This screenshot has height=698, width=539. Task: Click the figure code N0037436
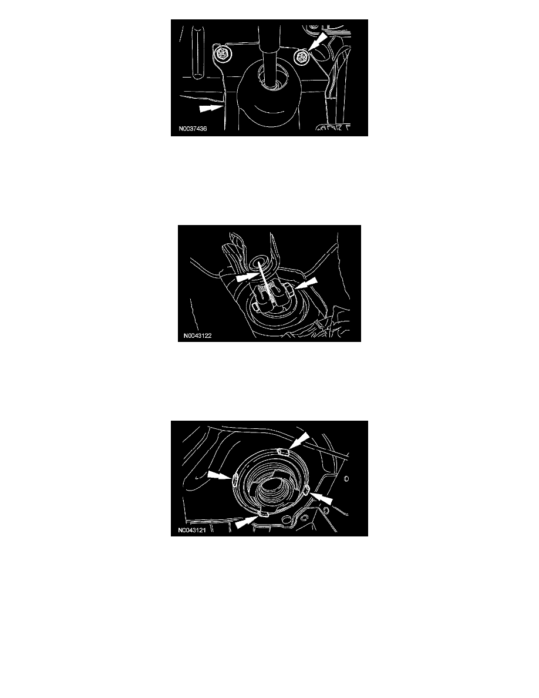[193, 129]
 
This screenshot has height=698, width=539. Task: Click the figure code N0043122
[197, 335]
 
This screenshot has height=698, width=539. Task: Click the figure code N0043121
[191, 530]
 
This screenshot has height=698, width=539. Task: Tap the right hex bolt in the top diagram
[302, 56]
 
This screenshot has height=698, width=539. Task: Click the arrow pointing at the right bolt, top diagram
[318, 41]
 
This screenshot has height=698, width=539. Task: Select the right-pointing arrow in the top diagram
[211, 108]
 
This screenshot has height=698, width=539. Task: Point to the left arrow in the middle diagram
[247, 277]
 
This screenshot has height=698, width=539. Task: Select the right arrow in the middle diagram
[307, 284]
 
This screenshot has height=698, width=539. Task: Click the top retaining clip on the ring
[283, 452]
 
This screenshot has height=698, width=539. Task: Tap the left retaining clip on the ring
[233, 478]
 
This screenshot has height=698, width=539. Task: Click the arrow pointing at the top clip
[299, 441]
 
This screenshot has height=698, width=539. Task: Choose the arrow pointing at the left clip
[219, 475]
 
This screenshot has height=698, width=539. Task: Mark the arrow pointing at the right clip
[322, 499]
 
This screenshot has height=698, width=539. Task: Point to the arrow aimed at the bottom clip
[247, 522]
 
